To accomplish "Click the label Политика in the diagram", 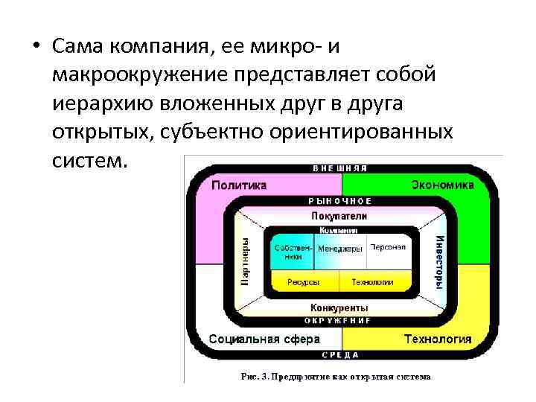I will coord(239,185).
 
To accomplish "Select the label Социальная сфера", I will coord(264,339).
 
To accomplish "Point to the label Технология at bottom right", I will coord(438,339).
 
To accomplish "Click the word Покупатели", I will coord(339,215).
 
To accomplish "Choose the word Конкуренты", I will coord(339,307).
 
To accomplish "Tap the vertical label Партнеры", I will coord(246,261).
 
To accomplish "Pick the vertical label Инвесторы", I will coord(439,261).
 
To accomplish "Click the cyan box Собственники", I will coord(288,252).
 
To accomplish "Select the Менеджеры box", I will coord(340,248).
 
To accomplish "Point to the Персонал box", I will coord(388,247).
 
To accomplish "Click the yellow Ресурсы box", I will coord(304,283).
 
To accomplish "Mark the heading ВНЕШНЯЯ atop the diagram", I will coord(339,168).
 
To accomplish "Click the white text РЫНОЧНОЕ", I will coord(339,201).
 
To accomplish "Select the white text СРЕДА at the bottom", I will coord(339,355).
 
